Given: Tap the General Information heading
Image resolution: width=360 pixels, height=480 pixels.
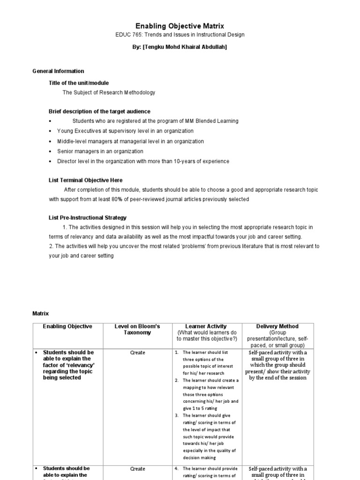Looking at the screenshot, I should coord(58,71).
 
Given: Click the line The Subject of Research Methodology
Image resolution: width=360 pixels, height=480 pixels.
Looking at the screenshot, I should coord(109,93).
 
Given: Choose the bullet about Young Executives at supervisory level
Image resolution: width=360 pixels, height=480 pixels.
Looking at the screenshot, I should coord(119,131).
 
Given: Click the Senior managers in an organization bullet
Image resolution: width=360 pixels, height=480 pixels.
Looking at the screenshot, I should coord(100,151).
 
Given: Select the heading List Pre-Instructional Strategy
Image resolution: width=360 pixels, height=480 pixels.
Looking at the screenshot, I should coord(88,217).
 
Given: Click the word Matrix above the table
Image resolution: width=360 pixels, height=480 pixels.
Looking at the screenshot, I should coord(40,313).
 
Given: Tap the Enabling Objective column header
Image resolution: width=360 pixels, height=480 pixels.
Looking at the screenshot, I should coord(67,326).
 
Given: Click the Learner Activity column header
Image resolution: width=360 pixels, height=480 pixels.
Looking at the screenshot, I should coord(206,326).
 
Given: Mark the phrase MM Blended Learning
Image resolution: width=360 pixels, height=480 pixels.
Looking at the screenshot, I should coord(214,121).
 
